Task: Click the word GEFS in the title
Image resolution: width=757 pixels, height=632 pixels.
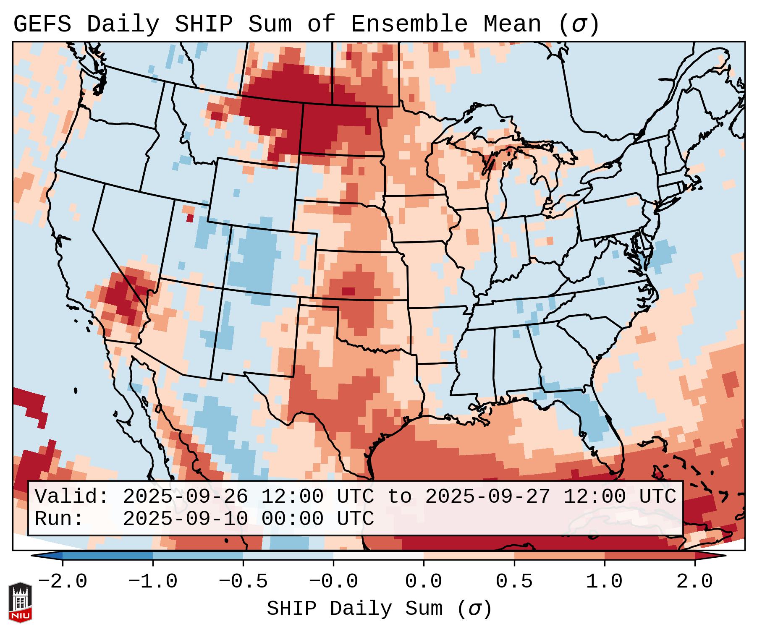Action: pyautogui.click(x=42, y=24)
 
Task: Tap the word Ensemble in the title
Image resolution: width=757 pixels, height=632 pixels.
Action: pyautogui.click(x=409, y=24)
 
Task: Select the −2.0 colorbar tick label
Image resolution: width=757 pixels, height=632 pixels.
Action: pyautogui.click(x=63, y=582)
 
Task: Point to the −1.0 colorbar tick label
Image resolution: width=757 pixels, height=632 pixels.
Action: pyautogui.click(x=153, y=582)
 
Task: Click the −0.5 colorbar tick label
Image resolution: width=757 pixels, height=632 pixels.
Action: pyautogui.click(x=243, y=582)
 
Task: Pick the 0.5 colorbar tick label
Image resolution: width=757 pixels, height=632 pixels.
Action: pyautogui.click(x=514, y=582)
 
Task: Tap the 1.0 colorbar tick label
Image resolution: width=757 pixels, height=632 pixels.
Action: pyautogui.click(x=605, y=582)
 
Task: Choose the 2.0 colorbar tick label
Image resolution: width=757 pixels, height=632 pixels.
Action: pyautogui.click(x=695, y=582)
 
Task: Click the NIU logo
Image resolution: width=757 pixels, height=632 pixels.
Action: pyautogui.click(x=20, y=602)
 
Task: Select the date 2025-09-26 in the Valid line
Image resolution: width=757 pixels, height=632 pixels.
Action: pyautogui.click(x=186, y=497)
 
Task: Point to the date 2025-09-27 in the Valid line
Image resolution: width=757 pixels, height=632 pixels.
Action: pyautogui.click(x=488, y=497)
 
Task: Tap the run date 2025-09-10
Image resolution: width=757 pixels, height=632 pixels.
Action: pyautogui.click(x=186, y=519)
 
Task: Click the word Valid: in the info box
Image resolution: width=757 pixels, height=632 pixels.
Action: pyautogui.click(x=72, y=497)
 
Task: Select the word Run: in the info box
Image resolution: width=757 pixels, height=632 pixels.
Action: pyautogui.click(x=59, y=519)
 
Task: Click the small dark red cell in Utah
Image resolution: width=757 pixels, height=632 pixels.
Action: pyautogui.click(x=190, y=218)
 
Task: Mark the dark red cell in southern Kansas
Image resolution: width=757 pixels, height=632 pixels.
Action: pyautogui.click(x=348, y=291)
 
